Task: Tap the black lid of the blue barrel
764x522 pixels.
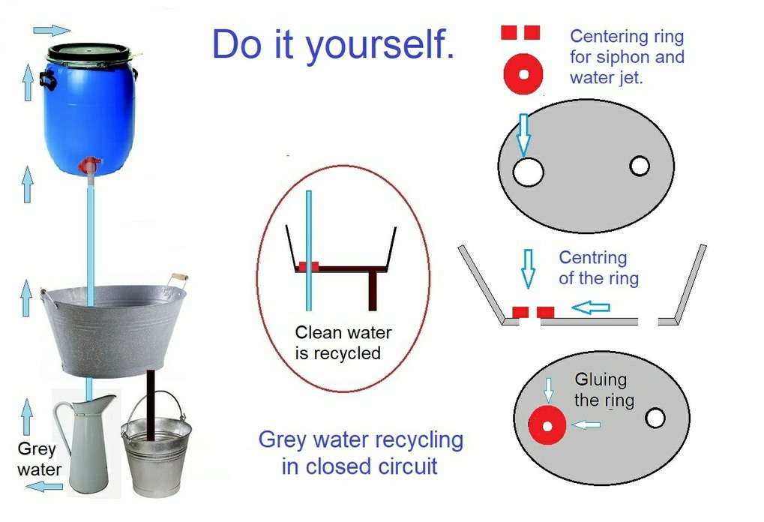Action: coord(88,52)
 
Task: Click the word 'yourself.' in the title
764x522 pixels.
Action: coord(380,45)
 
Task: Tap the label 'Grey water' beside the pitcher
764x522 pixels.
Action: coord(39,459)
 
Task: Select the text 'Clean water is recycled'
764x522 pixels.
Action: coord(343,343)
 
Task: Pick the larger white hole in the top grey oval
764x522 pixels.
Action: coord(528,172)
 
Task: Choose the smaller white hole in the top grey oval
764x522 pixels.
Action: coord(640,166)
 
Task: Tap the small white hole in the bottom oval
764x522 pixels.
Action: coord(655,418)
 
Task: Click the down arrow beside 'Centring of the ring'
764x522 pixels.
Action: coord(528,268)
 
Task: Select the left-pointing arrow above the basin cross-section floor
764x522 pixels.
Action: coord(591,307)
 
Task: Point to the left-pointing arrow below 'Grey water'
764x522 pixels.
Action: coord(44,486)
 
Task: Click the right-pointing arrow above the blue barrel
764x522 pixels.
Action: coord(52,30)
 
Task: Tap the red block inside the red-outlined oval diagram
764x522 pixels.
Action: coord(308,266)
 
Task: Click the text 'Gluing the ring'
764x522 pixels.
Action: coord(604,390)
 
